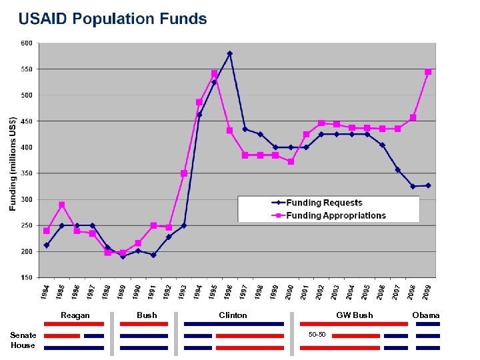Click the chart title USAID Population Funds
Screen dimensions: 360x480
pos(113,19)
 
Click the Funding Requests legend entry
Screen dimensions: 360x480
pos(324,203)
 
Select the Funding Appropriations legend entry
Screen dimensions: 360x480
pos(336,215)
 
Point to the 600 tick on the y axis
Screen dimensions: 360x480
pos(26,43)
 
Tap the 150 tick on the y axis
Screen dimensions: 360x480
pos(26,277)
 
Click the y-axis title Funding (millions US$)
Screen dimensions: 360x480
pos(13,163)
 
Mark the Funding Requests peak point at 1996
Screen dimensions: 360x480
pos(229,53)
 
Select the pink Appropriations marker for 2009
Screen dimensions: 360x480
pos(428,72)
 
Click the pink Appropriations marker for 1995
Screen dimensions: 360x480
pos(214,73)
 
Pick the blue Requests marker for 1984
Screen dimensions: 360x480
pos(46,245)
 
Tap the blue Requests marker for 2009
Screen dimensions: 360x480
pos(428,185)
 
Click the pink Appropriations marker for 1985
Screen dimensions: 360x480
pos(61,205)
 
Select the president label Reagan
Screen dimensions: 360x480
pos(75,315)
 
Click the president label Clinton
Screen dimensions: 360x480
pos(233,315)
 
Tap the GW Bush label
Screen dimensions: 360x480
pos(354,315)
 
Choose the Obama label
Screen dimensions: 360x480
pos(425,315)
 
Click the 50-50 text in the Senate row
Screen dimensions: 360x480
pos(317,333)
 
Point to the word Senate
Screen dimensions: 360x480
pos(23,335)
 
